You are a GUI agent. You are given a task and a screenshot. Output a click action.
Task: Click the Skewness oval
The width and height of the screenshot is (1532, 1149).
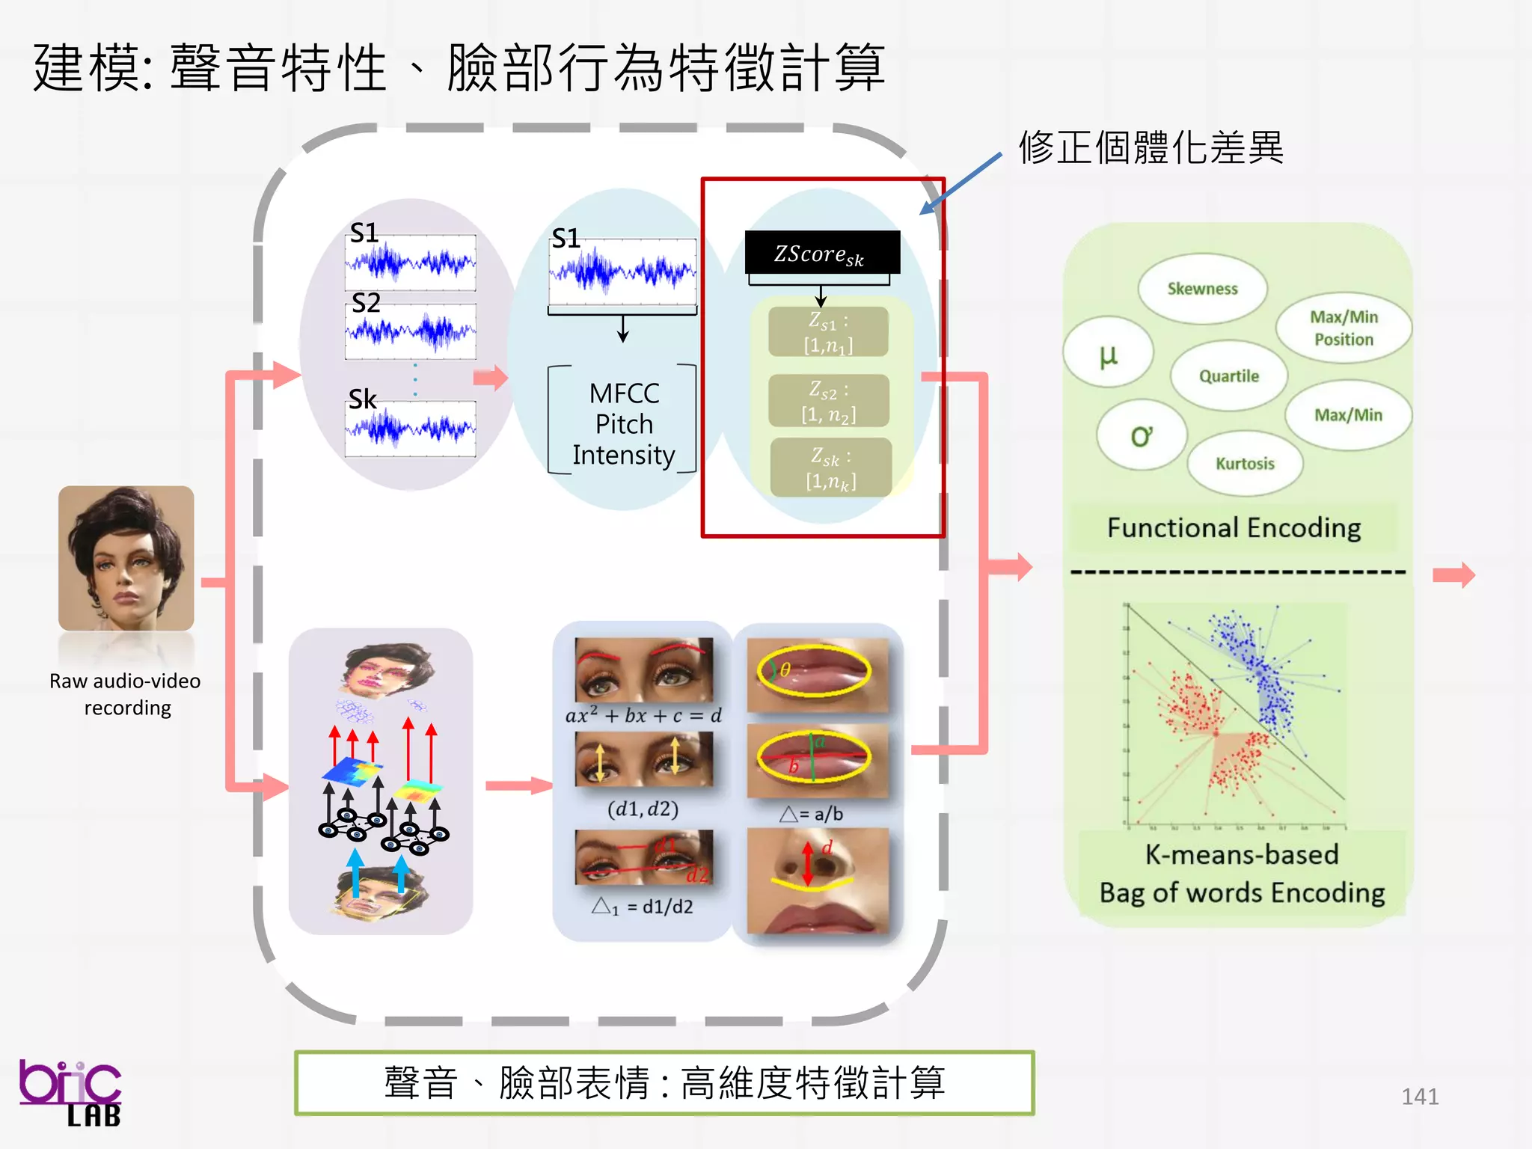[x=1202, y=289]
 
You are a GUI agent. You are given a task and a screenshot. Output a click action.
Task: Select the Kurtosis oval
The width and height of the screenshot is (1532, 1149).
[x=1245, y=464]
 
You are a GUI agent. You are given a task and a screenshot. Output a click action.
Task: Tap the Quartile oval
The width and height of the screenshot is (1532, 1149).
[x=1229, y=376]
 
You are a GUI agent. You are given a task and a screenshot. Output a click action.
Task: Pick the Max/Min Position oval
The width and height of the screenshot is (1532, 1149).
[x=1343, y=328]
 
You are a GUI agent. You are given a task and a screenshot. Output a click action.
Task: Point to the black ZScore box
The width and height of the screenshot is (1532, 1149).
[x=821, y=254]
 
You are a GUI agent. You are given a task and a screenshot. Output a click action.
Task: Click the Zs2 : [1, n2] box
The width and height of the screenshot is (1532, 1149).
[x=829, y=402]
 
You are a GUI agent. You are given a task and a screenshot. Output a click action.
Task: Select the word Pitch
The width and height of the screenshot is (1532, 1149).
[x=624, y=424]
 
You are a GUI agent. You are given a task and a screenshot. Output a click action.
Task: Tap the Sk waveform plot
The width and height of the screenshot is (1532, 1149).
[x=410, y=429]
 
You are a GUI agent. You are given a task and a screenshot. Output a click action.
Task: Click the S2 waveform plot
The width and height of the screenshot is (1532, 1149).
[x=410, y=331]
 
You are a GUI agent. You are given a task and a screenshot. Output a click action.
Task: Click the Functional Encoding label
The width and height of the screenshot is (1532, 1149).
[x=1234, y=528]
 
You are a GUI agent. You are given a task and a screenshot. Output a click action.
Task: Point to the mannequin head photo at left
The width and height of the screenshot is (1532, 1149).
[x=126, y=558]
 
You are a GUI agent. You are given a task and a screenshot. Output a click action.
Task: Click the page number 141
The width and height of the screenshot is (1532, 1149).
[x=1419, y=1097]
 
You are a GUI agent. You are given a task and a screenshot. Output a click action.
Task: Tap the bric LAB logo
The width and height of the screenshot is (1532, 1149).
[x=70, y=1092]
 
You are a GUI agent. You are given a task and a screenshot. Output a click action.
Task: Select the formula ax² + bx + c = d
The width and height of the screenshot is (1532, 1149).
[x=643, y=716]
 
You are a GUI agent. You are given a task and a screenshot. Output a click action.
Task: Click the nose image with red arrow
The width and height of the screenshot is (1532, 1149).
[x=818, y=880]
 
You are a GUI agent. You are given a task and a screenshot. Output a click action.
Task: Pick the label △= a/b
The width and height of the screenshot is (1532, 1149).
[x=811, y=814]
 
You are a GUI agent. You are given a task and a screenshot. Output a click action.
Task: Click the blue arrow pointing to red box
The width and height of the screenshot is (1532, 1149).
[x=960, y=184]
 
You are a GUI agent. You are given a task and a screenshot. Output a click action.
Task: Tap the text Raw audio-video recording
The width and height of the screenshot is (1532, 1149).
[x=126, y=694]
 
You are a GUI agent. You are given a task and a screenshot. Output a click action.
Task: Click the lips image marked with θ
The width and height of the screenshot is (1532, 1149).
[x=818, y=674]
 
